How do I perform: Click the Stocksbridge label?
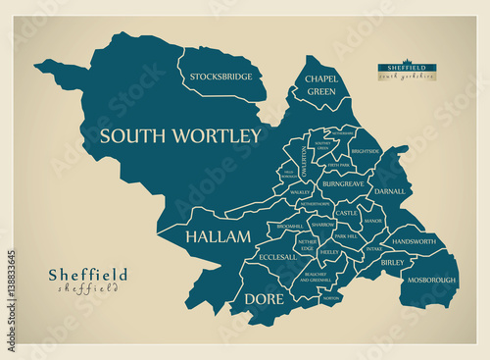(221, 76)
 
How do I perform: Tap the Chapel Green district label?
(320, 84)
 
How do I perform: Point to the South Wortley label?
(180, 135)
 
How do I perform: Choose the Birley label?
(392, 263)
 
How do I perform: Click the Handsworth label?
(414, 241)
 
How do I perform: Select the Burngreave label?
(343, 183)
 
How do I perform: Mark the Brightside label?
(365, 151)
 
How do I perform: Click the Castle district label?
(347, 213)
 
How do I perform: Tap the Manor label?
(372, 222)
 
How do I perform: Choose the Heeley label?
(329, 252)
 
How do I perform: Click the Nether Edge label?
(307, 244)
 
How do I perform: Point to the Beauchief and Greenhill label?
(316, 277)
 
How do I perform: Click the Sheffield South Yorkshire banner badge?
(408, 71)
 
